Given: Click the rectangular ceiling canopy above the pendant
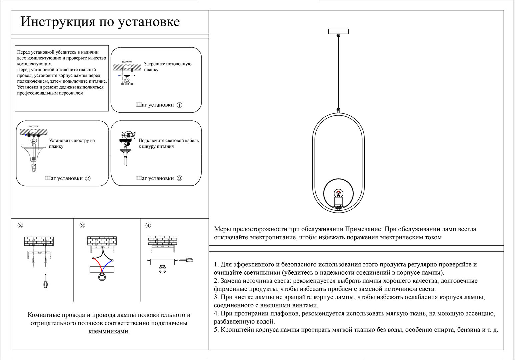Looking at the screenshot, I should [338, 32].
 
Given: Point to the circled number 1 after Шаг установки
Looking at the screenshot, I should [179, 105].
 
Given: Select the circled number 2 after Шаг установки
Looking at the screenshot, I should [88, 178].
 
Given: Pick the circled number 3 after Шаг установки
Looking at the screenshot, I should [179, 178].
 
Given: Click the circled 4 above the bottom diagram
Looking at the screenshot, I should [148, 226].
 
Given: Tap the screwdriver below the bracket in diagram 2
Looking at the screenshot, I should [45, 281].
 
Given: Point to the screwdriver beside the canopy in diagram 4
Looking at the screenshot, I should [186, 260].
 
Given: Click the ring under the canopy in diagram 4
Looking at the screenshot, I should [163, 269].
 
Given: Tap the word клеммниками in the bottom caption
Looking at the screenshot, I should [109, 331].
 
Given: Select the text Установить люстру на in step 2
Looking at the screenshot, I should [72, 140].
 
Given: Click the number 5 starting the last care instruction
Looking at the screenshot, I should [216, 330].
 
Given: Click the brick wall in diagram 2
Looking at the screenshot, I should [39, 241].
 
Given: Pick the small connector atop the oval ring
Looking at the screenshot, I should [339, 110].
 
